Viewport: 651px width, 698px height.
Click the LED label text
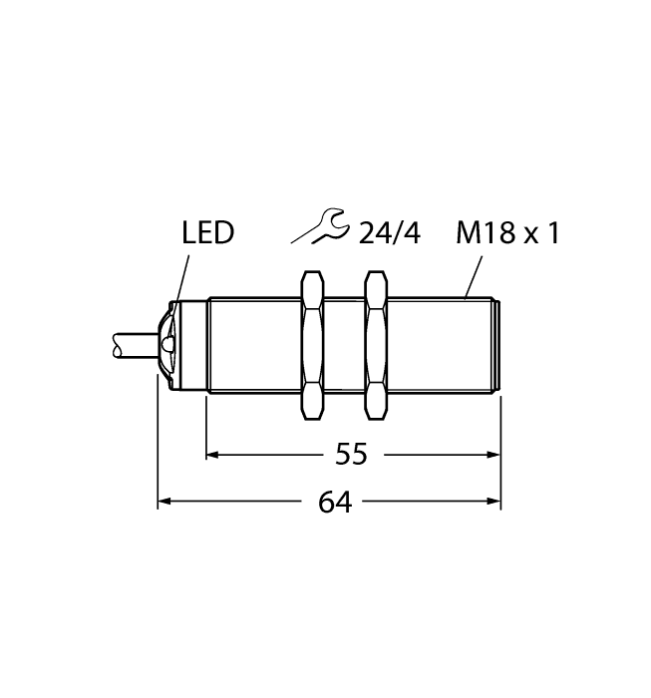point(207,234)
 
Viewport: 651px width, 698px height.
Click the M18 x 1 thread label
point(506,234)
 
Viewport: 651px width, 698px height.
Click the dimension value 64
point(335,503)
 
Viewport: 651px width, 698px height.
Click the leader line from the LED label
point(181,279)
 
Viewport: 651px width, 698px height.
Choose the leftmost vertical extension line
point(159,449)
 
